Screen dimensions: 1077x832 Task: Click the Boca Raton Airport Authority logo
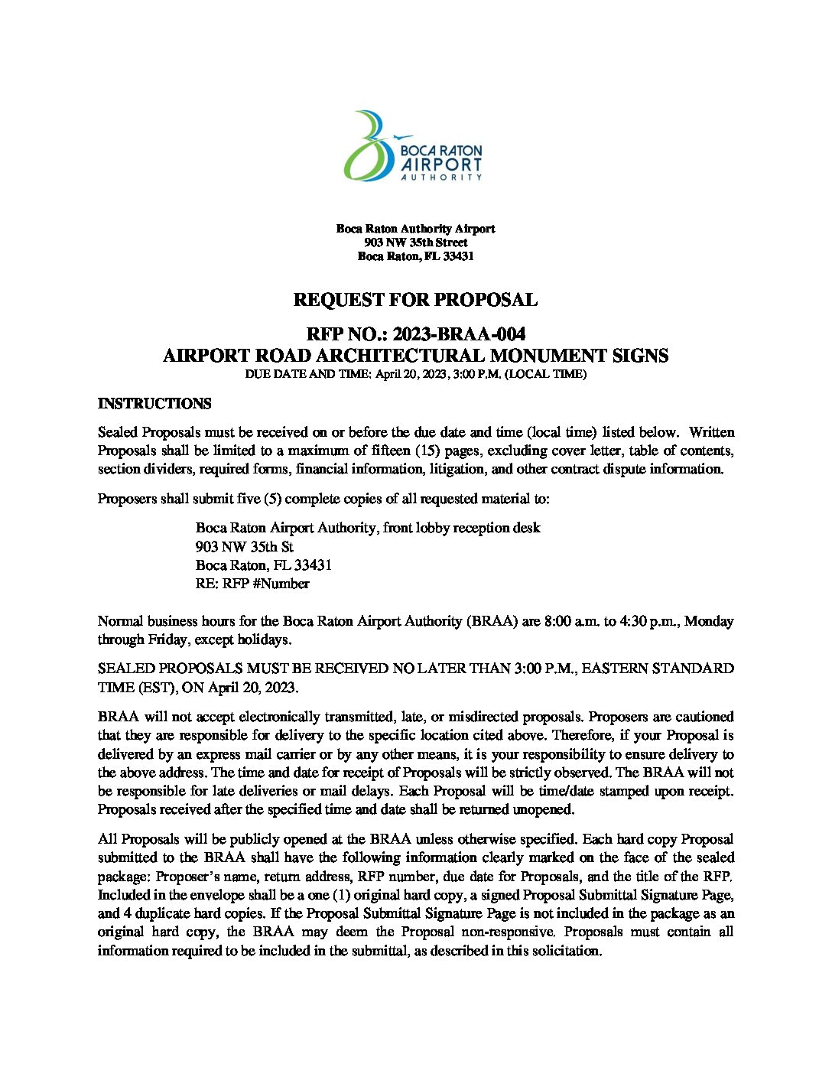(x=413, y=146)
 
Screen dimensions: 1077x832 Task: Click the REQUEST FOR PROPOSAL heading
(x=415, y=300)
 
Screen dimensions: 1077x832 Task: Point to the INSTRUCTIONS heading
(x=154, y=404)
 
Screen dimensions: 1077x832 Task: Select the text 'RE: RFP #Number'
(x=252, y=584)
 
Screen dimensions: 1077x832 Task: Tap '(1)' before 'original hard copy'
(x=323, y=895)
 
